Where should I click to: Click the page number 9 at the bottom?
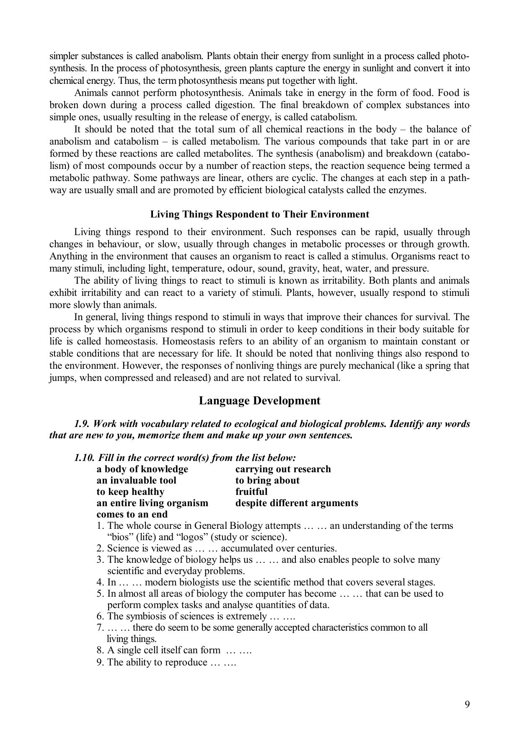point(467,704)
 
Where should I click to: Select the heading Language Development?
point(259,401)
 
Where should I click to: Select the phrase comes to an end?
point(132,514)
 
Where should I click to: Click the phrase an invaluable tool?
point(136,480)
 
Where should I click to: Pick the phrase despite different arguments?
point(297,503)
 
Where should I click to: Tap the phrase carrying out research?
point(283,469)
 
